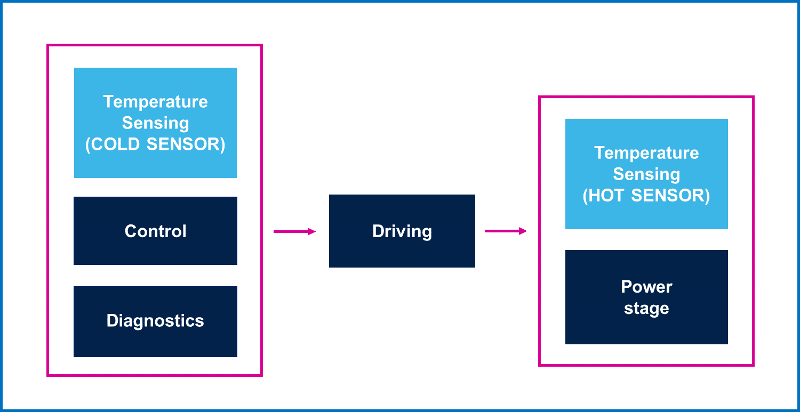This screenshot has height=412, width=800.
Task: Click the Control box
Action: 155,231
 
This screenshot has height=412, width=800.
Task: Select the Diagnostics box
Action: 155,321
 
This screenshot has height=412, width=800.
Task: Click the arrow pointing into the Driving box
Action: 293,231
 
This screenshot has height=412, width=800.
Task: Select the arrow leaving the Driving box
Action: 505,231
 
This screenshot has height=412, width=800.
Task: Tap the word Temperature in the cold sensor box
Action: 155,101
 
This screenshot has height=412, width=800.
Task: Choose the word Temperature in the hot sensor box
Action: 646,153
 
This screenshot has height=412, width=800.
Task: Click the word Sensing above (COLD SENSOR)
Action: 155,123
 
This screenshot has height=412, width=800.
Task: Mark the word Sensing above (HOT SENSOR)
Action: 646,174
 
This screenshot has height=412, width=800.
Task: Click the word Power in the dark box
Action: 646,287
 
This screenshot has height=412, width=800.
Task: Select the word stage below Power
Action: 646,309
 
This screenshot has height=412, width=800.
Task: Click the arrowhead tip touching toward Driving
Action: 313,231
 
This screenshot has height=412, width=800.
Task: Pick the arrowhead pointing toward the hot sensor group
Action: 524,231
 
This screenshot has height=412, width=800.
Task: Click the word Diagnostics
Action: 155,321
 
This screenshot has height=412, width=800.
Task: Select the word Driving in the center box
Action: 402,231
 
